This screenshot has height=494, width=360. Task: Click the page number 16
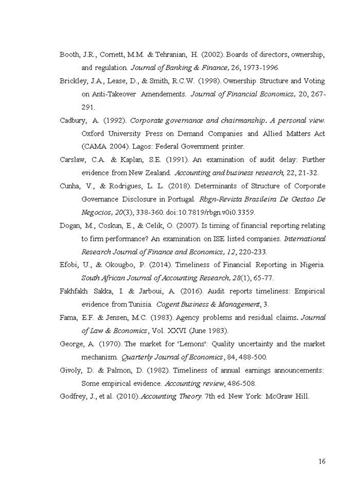click(x=322, y=461)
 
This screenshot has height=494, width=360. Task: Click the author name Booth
click(x=69, y=55)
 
